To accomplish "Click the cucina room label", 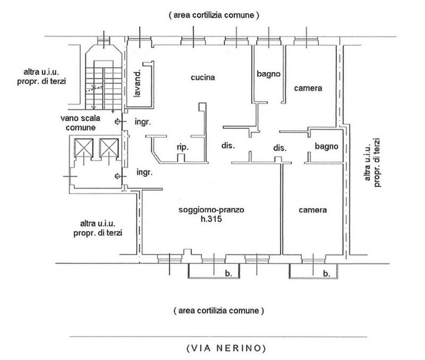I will click(203, 77).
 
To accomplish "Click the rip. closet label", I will click(182, 147).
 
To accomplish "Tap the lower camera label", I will click(313, 211).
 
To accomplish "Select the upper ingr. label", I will click(143, 121).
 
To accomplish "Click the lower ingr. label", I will click(143, 172).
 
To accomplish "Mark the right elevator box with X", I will click(108, 147).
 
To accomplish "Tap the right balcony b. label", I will click(327, 274).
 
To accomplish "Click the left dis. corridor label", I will click(227, 146).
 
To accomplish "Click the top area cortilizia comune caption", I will click(213, 14).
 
